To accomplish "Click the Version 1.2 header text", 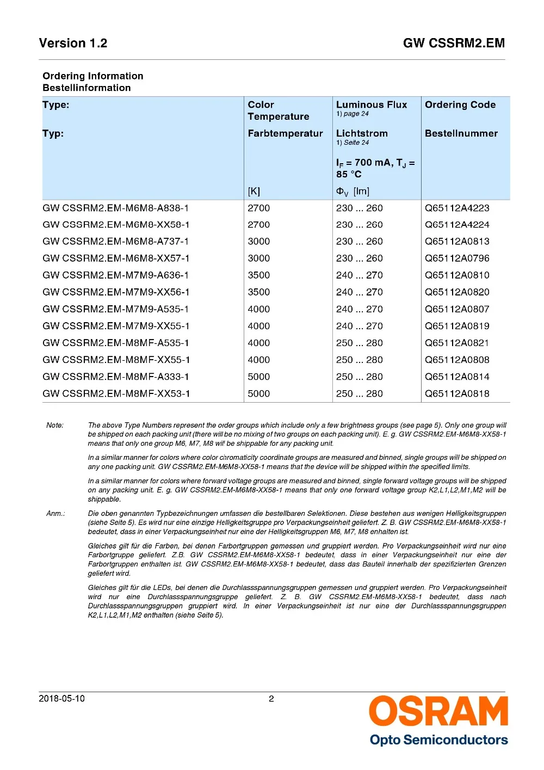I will [x=73, y=44].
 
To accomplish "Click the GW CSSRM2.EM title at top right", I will [x=454, y=44].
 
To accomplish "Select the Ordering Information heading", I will [x=93, y=76].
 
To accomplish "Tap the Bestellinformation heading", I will [x=86, y=88].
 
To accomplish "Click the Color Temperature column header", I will [x=278, y=110].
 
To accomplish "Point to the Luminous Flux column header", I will [x=372, y=105].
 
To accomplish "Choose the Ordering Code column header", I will [x=460, y=105].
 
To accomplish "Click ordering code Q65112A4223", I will [x=457, y=208].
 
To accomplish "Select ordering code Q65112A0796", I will [x=457, y=258].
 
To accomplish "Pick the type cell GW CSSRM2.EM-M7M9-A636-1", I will [x=116, y=275].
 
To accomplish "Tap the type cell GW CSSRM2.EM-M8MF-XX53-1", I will [x=116, y=393].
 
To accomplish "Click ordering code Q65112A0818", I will [x=457, y=393].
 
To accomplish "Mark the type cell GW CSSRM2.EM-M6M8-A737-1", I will [x=116, y=242].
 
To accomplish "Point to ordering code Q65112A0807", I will [x=457, y=309].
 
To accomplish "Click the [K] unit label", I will [x=254, y=192].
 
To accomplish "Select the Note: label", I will [x=55, y=426].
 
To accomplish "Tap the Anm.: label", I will [x=55, y=514].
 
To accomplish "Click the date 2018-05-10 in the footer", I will [x=62, y=699].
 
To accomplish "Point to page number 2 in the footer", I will [x=271, y=699].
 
